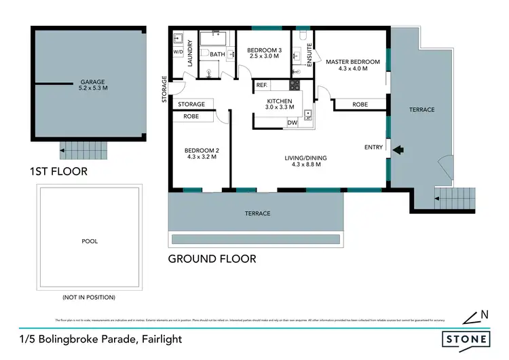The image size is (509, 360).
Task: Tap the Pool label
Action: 88,240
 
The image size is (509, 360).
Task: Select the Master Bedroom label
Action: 352,65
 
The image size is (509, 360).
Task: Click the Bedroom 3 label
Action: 262,54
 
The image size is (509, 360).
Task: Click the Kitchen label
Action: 279,103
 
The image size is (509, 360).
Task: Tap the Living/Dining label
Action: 305,161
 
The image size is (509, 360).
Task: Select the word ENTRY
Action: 374,147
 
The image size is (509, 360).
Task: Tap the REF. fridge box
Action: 261,86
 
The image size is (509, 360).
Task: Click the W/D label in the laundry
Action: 178,52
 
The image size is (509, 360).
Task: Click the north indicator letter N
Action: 483,314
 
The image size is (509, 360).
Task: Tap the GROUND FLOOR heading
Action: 212,259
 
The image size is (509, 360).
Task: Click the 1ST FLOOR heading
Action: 60,171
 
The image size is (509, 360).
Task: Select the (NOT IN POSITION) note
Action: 88,298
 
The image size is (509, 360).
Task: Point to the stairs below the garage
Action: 85,149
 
